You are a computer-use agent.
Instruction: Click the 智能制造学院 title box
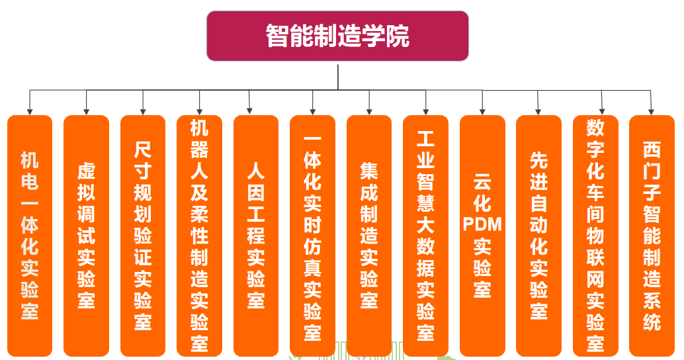click(337, 36)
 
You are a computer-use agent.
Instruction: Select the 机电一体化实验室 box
click(30, 235)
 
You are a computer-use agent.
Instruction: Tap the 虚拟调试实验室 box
click(86, 235)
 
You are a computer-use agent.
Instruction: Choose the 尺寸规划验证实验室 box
click(143, 235)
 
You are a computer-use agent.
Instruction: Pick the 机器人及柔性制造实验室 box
click(200, 235)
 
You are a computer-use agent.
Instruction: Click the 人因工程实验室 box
click(256, 235)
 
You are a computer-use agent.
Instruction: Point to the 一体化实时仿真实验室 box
click(312, 235)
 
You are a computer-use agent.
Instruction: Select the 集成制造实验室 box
click(369, 235)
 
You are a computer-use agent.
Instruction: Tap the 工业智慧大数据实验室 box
click(425, 235)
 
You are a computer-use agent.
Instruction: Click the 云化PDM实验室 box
click(482, 235)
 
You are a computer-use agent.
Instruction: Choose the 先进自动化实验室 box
click(538, 235)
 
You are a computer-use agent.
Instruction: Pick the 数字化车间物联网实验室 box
click(595, 235)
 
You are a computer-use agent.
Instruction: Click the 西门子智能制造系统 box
click(652, 235)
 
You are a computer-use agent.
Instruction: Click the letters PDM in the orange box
click(482, 224)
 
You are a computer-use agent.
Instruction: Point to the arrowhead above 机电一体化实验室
click(30, 111)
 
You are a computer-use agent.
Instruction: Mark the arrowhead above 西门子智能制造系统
click(652, 111)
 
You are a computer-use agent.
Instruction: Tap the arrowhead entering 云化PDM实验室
click(482, 111)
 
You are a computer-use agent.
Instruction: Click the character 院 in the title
click(400, 36)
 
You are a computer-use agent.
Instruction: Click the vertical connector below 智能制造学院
click(338, 76)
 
